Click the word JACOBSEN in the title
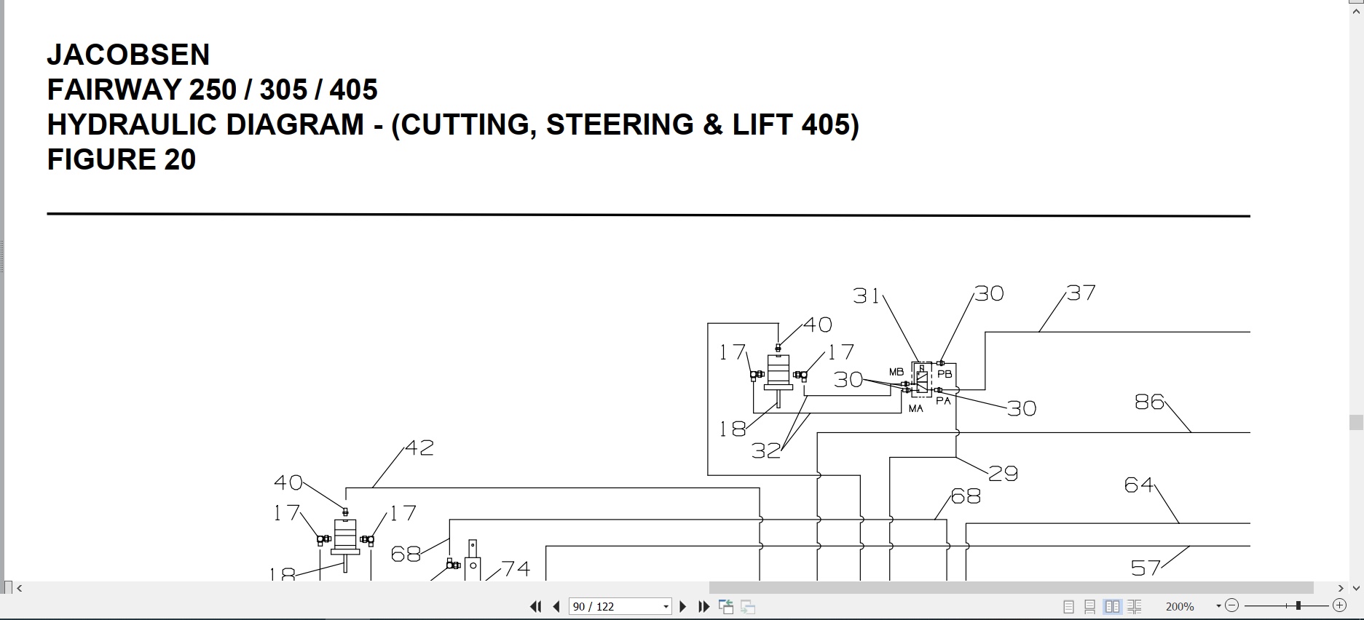pyautogui.click(x=128, y=55)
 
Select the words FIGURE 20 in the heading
pyautogui.click(x=122, y=159)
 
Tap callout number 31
pyautogui.click(x=867, y=295)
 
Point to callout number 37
pyautogui.click(x=1081, y=293)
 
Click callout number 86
pyautogui.click(x=1150, y=402)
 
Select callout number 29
pyautogui.click(x=1003, y=474)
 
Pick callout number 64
pyautogui.click(x=1139, y=485)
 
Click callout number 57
pyautogui.click(x=1146, y=568)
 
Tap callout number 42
pyautogui.click(x=419, y=448)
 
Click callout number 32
pyautogui.click(x=766, y=451)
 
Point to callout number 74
pyautogui.click(x=516, y=568)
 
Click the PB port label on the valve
pyautogui.click(x=945, y=374)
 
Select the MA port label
pyautogui.click(x=916, y=409)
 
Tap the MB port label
pyautogui.click(x=896, y=373)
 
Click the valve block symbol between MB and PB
pyautogui.click(x=922, y=379)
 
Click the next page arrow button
pyautogui.click(x=683, y=606)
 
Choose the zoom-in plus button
pyautogui.click(x=1339, y=605)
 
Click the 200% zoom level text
pyautogui.click(x=1180, y=606)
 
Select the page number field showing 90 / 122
pyautogui.click(x=620, y=606)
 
